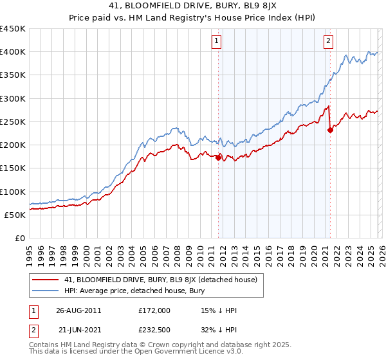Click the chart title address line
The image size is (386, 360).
tap(193, 6)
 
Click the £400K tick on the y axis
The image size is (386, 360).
tap(12, 52)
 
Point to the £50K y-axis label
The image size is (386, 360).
tap(15, 215)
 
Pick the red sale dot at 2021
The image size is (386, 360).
tap(330, 130)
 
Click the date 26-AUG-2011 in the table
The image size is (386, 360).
tap(78, 310)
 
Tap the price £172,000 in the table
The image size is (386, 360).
tap(154, 310)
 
